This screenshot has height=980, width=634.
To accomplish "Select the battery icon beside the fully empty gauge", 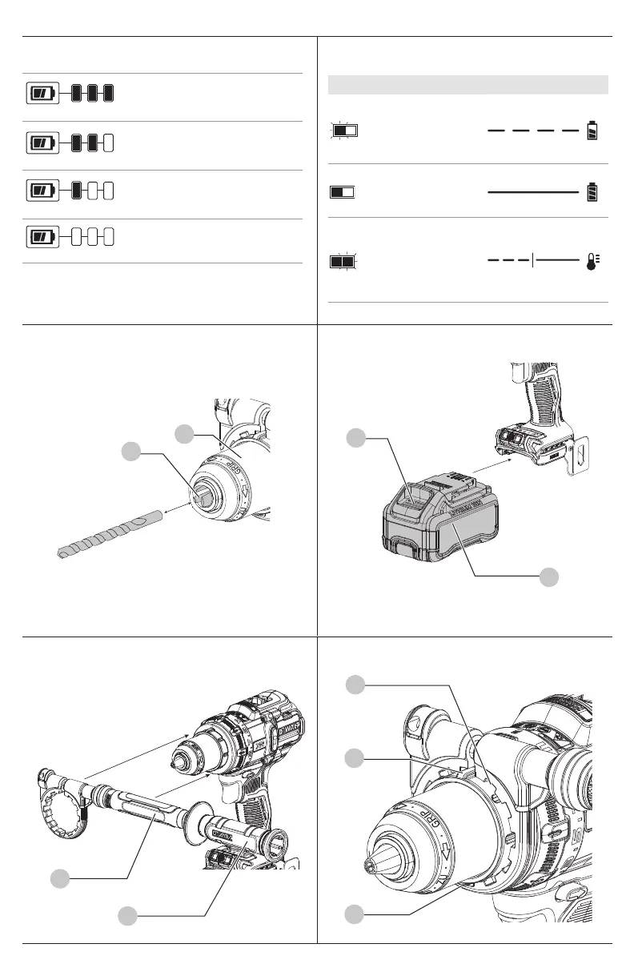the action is (42, 237).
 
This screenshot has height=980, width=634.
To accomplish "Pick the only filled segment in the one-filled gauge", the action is (77, 191).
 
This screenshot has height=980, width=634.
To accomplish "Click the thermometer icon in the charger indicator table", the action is (593, 261).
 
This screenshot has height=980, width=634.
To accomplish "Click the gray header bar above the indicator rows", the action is (468, 84).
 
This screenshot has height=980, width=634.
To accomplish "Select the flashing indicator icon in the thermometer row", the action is (343, 261).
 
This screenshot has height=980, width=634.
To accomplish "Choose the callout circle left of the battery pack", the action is (357, 438).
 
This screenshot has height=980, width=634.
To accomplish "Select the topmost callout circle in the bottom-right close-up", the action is (357, 685).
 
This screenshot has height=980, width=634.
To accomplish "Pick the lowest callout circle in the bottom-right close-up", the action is (357, 913).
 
